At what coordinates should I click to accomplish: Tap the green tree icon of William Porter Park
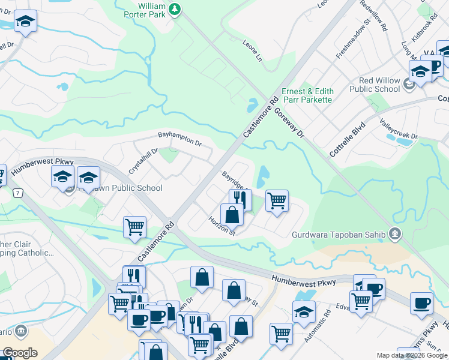point(175,8)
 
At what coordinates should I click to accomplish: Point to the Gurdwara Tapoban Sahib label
point(340,235)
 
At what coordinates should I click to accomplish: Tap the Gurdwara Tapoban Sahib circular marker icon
point(394,234)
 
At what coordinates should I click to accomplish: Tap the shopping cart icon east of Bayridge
point(277,200)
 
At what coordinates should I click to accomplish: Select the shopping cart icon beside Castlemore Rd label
point(135,227)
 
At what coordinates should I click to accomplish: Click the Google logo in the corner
point(19,353)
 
